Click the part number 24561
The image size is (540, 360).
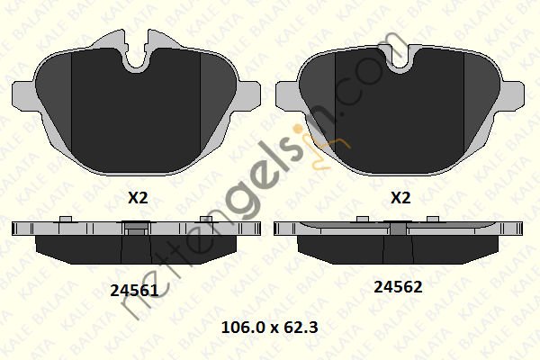coord(134,291)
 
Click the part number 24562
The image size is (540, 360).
coord(398,286)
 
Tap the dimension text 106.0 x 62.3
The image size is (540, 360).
coord(270,328)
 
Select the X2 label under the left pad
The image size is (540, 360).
coord(138,198)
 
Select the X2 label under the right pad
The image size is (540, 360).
coord(400,198)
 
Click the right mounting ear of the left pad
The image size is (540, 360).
coord(248,94)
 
